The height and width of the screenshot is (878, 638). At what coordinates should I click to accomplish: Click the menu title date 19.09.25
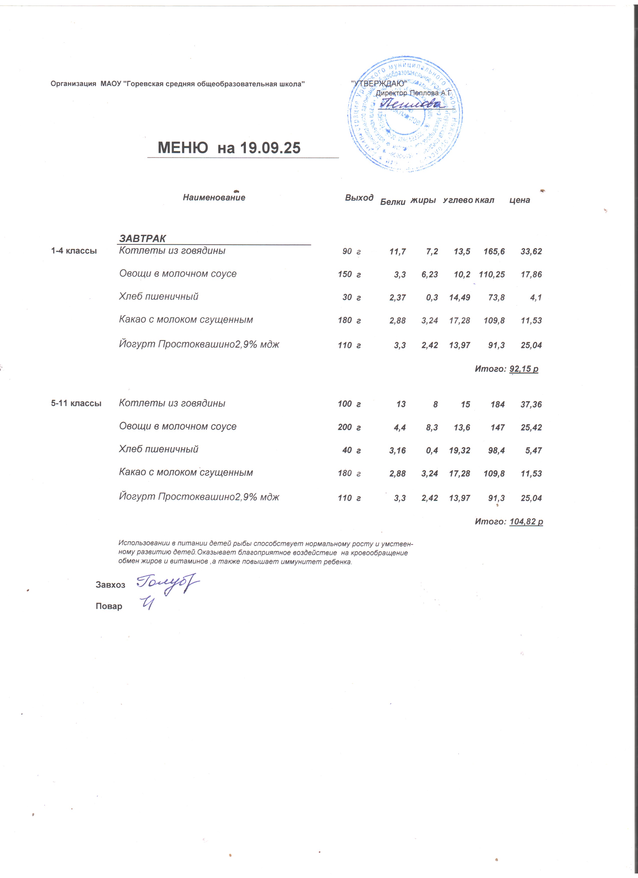click(270, 148)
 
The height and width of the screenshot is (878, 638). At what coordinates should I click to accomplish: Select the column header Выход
click(359, 198)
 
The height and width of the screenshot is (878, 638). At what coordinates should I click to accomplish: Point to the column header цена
click(519, 200)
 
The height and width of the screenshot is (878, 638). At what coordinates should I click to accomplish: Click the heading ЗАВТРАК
click(142, 238)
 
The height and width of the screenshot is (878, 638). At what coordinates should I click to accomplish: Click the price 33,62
click(531, 252)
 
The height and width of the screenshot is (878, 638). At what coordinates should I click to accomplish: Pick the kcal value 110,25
click(492, 275)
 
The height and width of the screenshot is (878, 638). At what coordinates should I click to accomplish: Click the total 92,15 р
click(524, 369)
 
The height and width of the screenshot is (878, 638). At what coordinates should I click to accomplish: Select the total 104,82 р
click(526, 521)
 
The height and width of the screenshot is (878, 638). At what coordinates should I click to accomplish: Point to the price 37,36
click(531, 404)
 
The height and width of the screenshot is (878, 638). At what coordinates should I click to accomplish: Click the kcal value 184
click(498, 404)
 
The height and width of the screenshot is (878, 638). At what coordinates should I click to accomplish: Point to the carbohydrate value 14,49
click(460, 298)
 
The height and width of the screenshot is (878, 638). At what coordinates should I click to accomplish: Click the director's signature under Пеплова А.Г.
click(411, 104)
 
